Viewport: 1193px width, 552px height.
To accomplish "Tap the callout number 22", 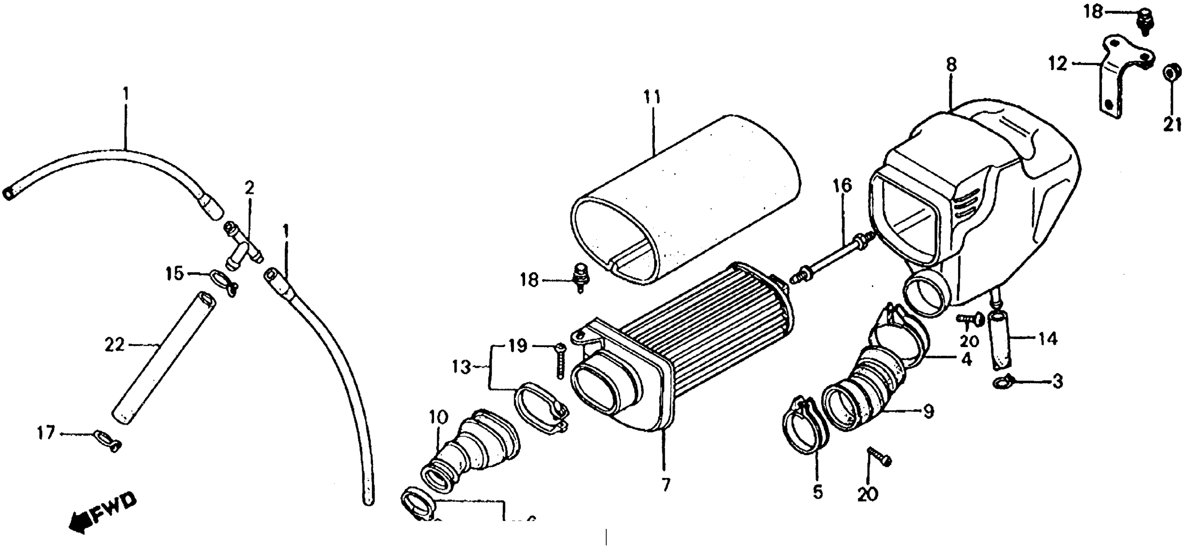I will tap(114, 345).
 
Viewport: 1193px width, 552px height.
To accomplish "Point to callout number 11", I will tap(652, 99).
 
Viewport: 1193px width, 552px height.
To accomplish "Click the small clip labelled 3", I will tap(1002, 382).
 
